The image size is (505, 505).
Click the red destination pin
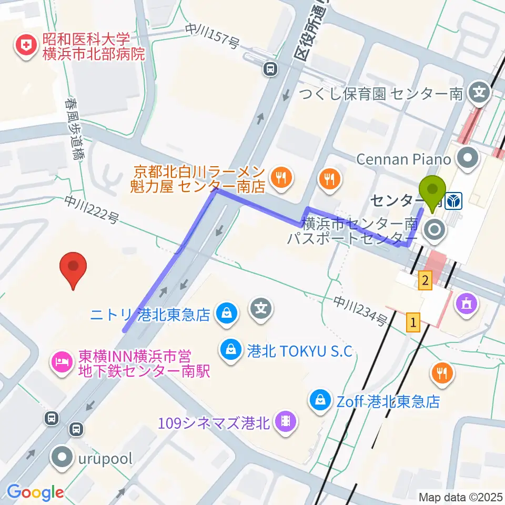click(x=73, y=269)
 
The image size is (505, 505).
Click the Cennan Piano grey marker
click(x=467, y=158)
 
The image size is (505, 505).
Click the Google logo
click(x=35, y=492)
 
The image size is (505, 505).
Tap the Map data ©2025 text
click(x=459, y=497)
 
